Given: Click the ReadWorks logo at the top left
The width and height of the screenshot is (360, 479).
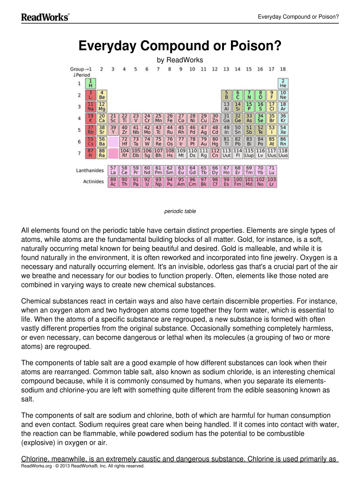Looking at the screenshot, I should [x=45, y=17].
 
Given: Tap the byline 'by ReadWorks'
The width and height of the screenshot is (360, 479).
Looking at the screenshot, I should [x=180, y=60].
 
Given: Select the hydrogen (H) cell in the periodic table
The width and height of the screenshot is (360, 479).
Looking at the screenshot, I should [x=90, y=84].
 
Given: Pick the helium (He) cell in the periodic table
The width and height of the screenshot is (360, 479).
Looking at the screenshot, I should [x=283, y=84].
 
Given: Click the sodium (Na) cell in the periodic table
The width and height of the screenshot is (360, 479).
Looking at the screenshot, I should [x=90, y=107].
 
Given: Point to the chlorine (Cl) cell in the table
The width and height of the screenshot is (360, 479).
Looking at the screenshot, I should [x=272, y=107].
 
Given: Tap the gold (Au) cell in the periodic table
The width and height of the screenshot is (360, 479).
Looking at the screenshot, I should [x=203, y=141].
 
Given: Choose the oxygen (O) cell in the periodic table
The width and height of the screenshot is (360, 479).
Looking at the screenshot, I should [x=260, y=95].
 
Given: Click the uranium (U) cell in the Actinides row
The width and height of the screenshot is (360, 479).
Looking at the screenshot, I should [x=147, y=181].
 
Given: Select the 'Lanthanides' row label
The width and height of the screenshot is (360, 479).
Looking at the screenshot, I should [x=90, y=171].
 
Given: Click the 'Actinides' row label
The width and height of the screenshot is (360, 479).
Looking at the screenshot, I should [x=93, y=181].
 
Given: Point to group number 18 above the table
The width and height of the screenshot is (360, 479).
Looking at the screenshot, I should [x=283, y=69].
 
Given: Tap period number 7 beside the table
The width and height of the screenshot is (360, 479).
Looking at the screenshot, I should [x=79, y=152].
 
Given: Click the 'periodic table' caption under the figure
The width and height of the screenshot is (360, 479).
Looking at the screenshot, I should [x=180, y=211].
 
